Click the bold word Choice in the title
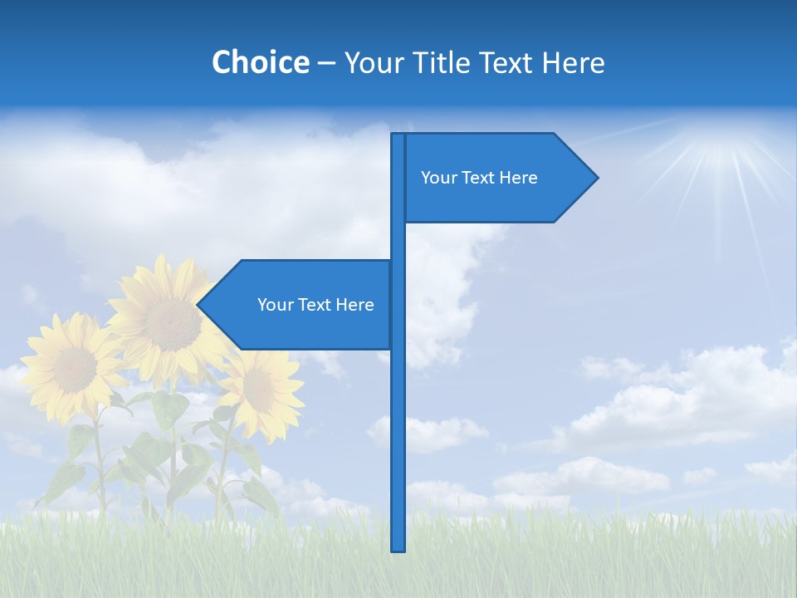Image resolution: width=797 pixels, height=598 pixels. click(260, 62)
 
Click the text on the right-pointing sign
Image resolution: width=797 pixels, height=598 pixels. click(479, 178)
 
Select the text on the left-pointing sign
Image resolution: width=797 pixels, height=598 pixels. click(315, 305)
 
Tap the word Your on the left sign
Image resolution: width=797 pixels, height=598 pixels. click(275, 305)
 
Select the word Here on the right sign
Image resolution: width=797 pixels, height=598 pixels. click(519, 178)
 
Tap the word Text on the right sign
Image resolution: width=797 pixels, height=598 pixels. click(479, 178)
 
